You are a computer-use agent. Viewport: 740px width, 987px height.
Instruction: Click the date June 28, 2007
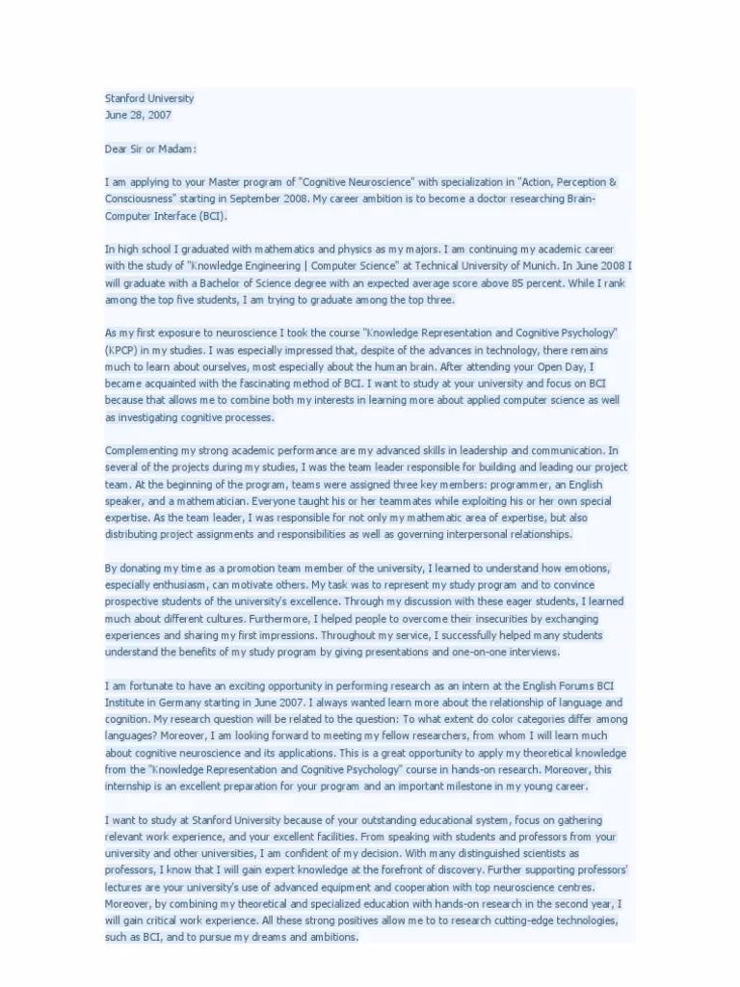pos(139,115)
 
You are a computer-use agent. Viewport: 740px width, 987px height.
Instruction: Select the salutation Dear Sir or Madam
pos(150,148)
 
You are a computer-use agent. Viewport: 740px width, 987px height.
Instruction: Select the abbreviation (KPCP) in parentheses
pos(122,350)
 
